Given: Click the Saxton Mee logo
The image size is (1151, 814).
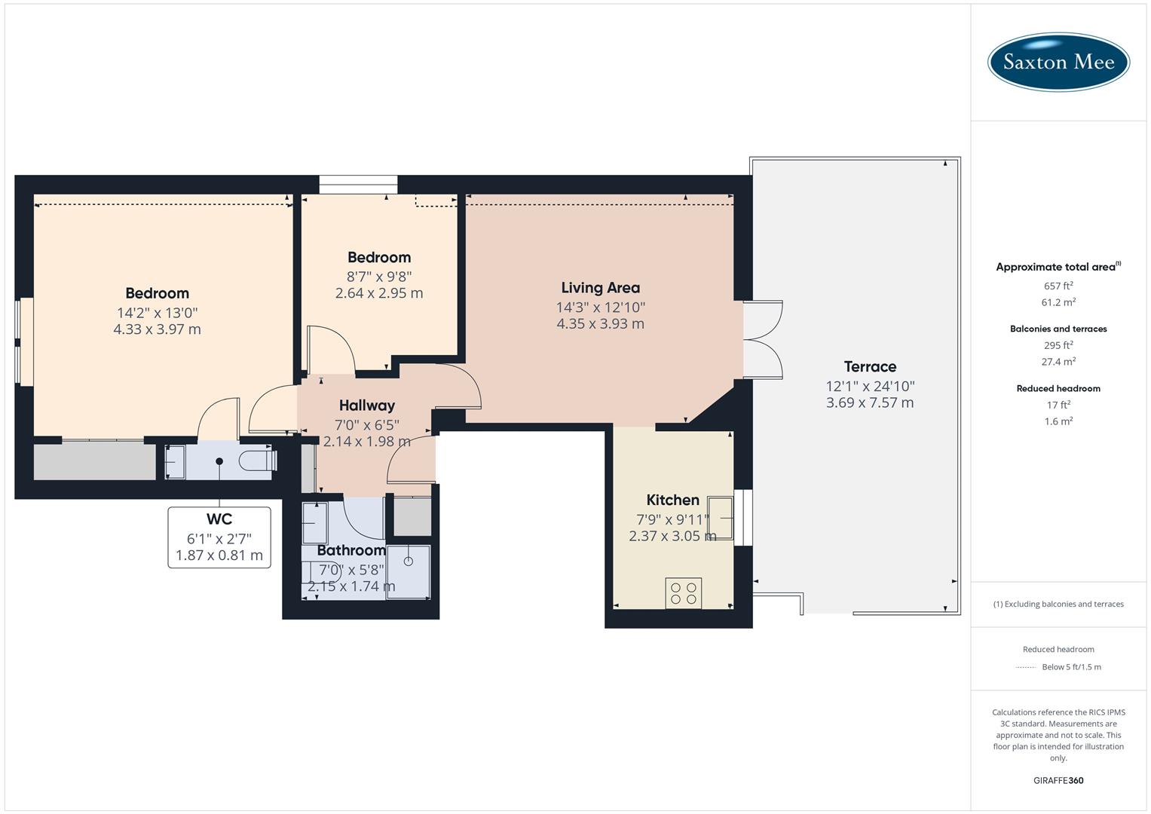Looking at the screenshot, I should pos(1058,62).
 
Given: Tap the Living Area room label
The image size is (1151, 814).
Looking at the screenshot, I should pos(600,287).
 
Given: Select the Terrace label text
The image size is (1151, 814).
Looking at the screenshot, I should pos(870,367).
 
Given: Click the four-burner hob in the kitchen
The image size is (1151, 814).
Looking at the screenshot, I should pos(684,593).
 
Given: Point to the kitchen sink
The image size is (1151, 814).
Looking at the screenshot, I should pos(720,518).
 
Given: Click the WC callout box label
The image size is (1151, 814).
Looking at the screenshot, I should pos(219,519).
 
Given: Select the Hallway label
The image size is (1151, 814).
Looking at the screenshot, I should pos(366,405).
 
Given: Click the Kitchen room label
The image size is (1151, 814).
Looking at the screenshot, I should pos(672,500).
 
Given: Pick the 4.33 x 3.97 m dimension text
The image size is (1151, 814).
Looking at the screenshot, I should pos(157,329).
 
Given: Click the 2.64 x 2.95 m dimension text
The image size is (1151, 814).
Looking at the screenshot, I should pos(379,293).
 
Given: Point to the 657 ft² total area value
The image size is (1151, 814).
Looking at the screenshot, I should pos(1058,286).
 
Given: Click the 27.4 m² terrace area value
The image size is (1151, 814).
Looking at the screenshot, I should pos(1058,362).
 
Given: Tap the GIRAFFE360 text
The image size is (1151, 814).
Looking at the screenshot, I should pos(1058,780).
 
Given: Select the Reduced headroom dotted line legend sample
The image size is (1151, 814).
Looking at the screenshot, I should pos(1026,667).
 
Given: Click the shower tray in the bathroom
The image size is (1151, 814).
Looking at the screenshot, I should pos(409,571).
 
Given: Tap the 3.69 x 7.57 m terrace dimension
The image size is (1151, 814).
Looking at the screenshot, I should pos(870,403).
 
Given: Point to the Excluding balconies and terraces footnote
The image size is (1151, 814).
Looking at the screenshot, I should pos(1058,604).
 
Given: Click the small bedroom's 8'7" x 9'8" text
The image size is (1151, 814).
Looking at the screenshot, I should pos(379,277).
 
